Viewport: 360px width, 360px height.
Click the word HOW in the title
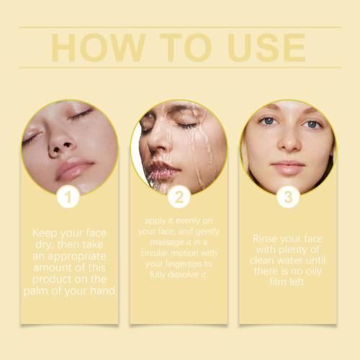coord(99,48)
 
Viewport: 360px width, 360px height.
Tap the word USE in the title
coord(266,48)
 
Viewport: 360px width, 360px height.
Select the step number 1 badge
coord(68,197)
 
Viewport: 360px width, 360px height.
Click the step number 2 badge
coord(179,197)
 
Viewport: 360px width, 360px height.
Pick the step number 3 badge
coord(288,197)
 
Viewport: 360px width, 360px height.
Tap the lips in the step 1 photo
coord(73,168)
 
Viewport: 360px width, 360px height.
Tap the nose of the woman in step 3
coord(289,142)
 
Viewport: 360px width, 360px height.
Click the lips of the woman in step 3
coord(288,167)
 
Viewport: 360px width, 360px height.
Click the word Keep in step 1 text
coord(45,233)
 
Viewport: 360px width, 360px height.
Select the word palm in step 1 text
coord(36,291)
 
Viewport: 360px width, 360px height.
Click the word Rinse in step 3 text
coord(265,238)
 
